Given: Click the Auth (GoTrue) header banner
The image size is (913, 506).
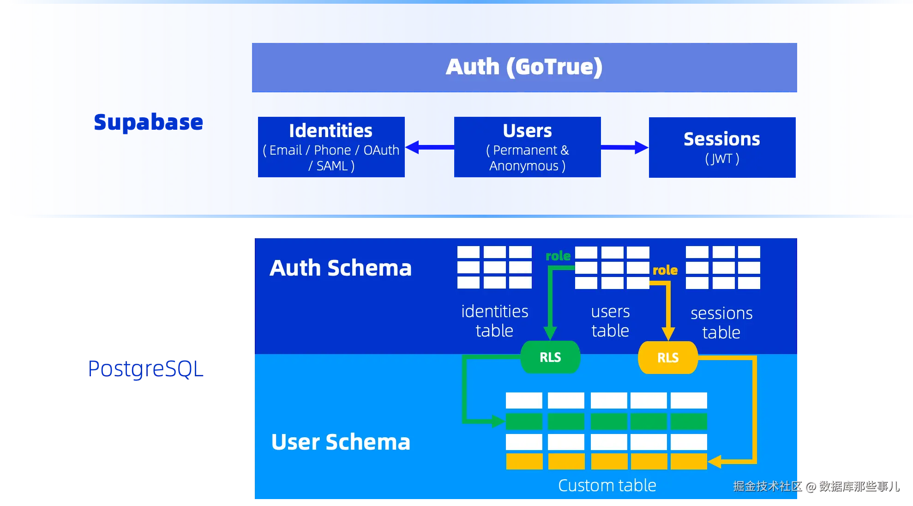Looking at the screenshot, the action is [x=524, y=67].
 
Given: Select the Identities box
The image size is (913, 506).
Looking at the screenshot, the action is [x=331, y=147].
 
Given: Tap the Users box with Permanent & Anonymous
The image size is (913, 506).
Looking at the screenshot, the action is [x=528, y=147].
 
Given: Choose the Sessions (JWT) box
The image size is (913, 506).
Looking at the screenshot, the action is [x=722, y=147].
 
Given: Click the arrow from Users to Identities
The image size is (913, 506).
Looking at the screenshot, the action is [x=430, y=147].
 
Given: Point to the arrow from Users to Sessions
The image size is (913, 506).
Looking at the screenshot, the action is [x=625, y=147].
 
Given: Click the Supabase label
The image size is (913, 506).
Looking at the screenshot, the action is [x=149, y=123].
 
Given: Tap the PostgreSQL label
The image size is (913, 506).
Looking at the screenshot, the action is [x=146, y=369].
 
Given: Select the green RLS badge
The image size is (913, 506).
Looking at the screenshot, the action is [x=550, y=357].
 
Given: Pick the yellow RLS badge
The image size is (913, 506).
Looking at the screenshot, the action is [x=668, y=357].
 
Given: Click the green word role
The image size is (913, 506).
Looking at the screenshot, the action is [x=558, y=256].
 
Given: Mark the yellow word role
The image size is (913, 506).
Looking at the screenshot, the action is [x=665, y=270].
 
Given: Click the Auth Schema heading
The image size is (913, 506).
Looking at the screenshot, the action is [x=341, y=268].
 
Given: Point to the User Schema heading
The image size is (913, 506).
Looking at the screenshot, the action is [x=341, y=442].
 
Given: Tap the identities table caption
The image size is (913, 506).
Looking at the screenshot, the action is [x=495, y=321].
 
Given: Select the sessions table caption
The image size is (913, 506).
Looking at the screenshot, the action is [x=721, y=323].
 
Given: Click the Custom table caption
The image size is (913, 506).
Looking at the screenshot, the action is [x=607, y=485].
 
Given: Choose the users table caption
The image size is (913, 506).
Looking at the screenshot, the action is [x=610, y=321].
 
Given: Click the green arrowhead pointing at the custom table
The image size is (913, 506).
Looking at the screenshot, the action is [x=499, y=421].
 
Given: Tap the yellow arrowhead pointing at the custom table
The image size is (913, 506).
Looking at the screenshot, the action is [x=715, y=461].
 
